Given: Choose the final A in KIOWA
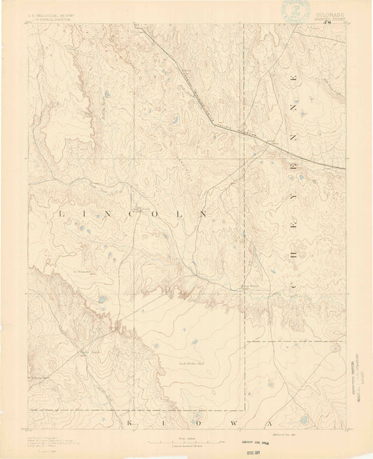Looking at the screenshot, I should pyautogui.click(x=305, y=424).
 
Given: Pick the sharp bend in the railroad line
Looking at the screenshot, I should pyautogui.click(x=212, y=125).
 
